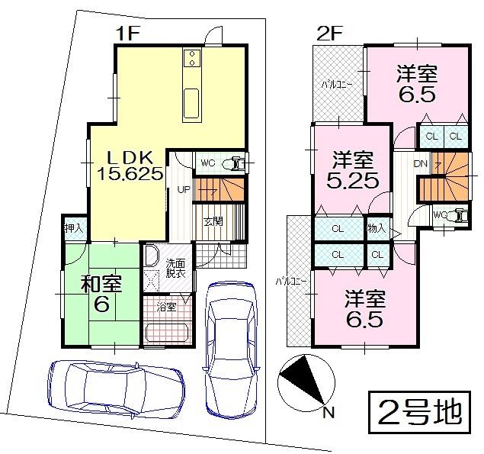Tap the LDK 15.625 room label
130,166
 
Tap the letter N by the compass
329,414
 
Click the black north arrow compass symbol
303,384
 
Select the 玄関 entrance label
213,223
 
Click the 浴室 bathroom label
167,308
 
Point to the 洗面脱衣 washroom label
175,269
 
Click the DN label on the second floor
420,164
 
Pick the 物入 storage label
377,228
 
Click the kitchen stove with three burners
191,58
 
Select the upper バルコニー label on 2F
335,84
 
